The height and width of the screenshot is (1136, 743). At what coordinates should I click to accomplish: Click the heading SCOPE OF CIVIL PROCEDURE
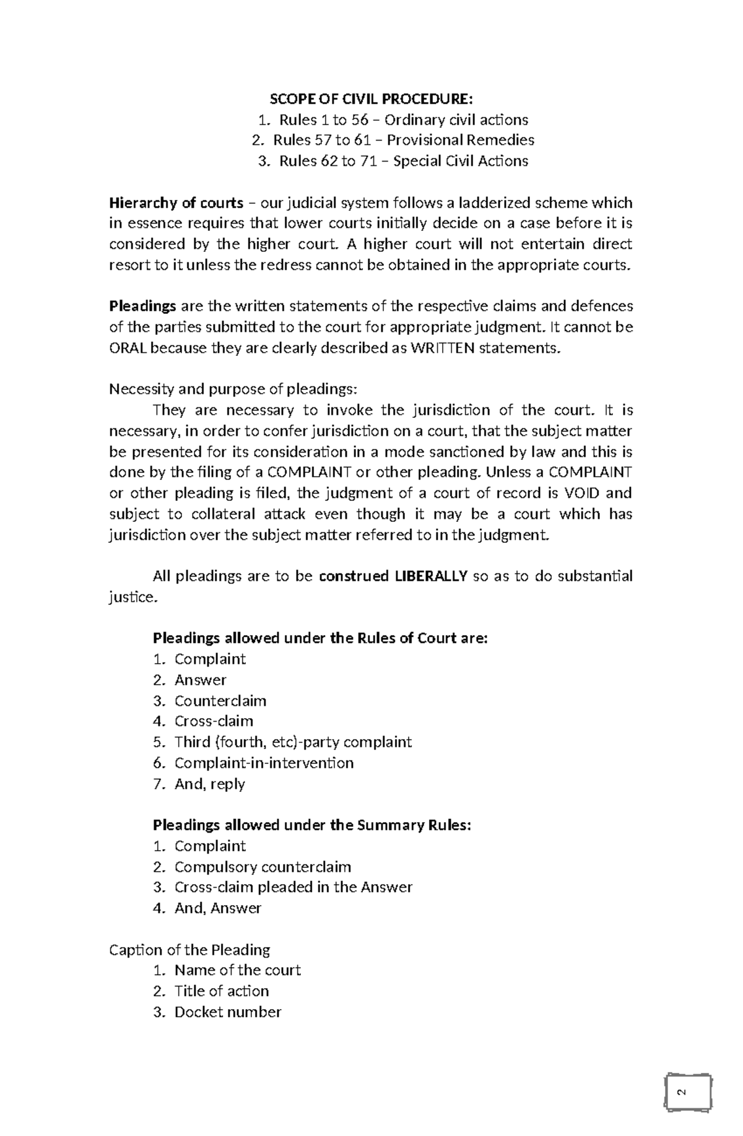click(x=370, y=99)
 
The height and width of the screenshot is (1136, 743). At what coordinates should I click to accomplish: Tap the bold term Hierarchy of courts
click(x=176, y=203)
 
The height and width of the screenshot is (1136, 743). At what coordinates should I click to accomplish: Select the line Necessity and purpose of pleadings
click(x=233, y=389)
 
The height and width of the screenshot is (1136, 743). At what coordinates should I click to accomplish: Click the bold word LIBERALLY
click(x=430, y=576)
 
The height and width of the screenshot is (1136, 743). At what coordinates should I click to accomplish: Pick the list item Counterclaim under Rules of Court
click(x=220, y=701)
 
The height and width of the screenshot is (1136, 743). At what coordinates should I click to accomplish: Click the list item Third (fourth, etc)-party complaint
click(x=292, y=742)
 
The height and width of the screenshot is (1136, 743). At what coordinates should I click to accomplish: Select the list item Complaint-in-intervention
click(x=264, y=763)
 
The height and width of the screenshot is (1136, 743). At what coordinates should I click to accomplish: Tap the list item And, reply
click(x=209, y=784)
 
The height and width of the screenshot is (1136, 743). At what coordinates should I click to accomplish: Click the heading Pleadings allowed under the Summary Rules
click(x=311, y=825)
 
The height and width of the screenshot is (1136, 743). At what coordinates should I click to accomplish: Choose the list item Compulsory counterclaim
click(x=263, y=867)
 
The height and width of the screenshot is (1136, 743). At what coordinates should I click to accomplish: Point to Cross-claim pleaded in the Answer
click(x=293, y=887)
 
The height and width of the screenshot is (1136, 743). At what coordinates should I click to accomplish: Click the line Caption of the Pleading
click(x=189, y=950)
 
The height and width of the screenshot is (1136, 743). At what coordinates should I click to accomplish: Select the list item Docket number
click(x=227, y=1012)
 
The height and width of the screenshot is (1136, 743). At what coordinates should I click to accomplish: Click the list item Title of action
click(x=221, y=991)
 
